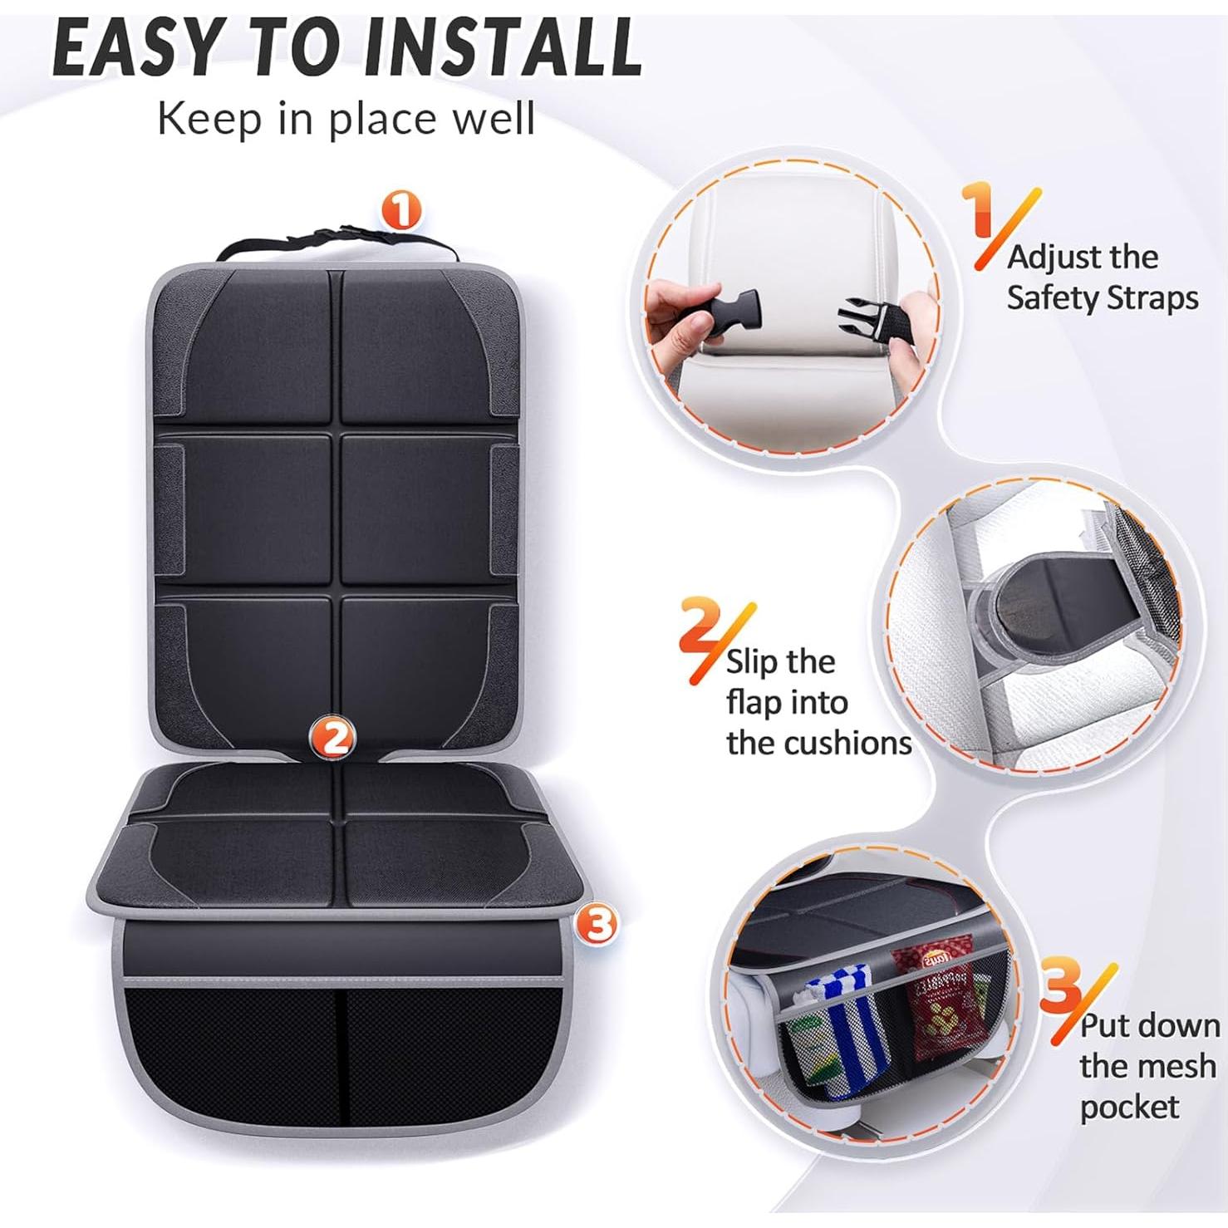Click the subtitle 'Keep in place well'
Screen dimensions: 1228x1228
point(346,119)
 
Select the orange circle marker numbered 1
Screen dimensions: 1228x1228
point(402,210)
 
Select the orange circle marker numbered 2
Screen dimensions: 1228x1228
point(333,736)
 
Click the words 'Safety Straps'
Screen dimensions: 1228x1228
point(1103,297)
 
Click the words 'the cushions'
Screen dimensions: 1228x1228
point(818,743)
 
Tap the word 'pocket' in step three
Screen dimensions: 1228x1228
point(1129,1107)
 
